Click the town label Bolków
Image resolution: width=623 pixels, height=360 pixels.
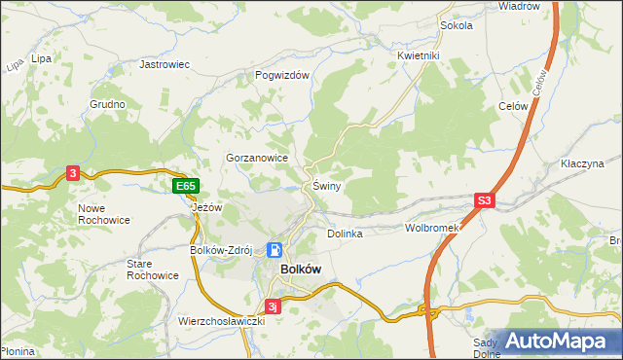pos(301,269)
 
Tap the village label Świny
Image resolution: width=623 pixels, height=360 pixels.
pos(326,186)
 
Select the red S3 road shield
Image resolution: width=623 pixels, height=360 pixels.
pos(486,201)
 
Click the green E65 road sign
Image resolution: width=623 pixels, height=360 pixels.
pos(186,186)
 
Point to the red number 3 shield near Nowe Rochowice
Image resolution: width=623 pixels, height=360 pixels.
pos(73,173)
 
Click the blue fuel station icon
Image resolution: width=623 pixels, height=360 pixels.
pos(275,250)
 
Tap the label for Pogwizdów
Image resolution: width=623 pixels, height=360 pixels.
pos(281,75)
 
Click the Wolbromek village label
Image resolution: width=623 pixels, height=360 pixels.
pos(431,228)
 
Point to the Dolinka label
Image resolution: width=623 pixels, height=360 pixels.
pos(345,234)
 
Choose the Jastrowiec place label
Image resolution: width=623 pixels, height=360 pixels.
pos(164,64)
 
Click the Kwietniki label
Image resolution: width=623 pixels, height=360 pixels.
pos(420,56)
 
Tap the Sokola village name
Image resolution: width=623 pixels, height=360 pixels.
pos(456,25)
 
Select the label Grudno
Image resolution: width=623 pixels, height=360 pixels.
pos(107,104)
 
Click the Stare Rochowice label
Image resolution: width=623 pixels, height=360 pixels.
pos(153,270)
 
